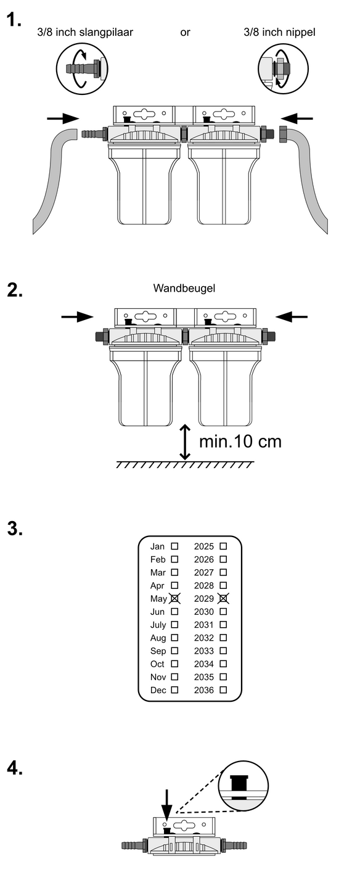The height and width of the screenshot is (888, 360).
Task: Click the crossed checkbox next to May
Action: coord(174,598)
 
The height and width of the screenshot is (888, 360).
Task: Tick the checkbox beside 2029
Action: coord(223,598)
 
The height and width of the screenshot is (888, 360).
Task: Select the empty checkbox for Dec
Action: coord(174,690)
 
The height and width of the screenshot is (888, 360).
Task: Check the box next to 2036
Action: coord(223,690)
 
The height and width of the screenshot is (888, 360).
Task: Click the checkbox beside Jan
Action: coord(174,546)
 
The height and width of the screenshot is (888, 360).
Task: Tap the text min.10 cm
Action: coord(240,442)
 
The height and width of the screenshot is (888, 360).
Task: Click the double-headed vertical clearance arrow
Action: coord(185,442)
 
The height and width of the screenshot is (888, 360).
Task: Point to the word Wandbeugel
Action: coord(184,288)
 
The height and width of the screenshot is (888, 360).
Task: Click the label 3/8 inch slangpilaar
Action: coord(85,32)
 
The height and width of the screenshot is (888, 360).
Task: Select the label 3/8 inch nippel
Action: coord(279,32)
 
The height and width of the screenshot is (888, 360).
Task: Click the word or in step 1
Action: coord(185,33)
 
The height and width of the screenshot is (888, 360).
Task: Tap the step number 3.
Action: coord(15,528)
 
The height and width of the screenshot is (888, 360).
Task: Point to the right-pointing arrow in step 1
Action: coord(63,118)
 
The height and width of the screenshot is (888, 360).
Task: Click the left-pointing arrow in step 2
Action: coord(292,317)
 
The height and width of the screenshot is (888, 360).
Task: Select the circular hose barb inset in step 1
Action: coord(82,68)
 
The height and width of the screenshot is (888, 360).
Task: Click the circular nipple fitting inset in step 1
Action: coord(283,68)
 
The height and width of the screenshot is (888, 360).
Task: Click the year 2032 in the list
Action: coord(204,638)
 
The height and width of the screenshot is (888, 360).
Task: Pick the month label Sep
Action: coord(158,651)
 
